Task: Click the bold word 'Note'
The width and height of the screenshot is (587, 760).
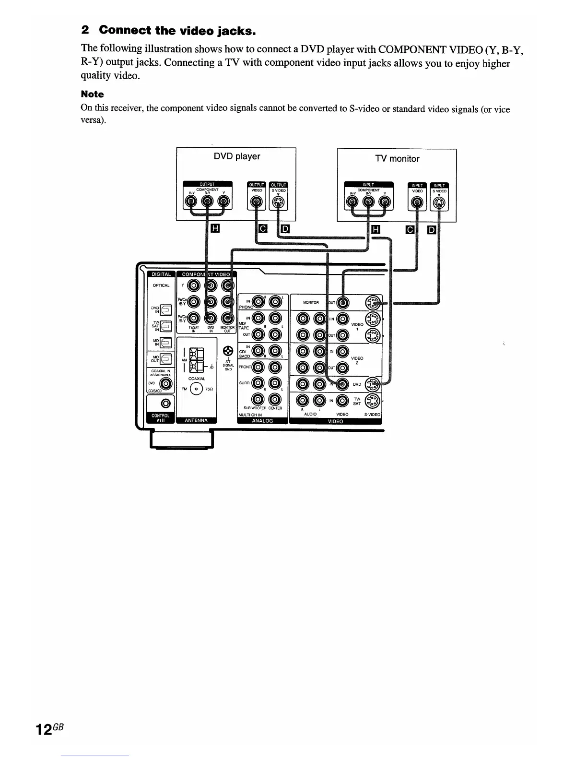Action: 92,94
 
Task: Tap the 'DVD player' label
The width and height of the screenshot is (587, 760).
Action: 236,156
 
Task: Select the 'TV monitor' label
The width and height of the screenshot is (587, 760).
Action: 397,159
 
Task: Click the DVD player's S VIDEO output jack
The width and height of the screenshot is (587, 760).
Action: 278,203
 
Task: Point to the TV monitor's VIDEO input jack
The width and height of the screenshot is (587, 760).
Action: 418,203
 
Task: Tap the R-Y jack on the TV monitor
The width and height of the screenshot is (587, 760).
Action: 352,202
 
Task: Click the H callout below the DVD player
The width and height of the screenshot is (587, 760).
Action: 214,230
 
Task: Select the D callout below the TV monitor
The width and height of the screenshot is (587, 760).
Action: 432,230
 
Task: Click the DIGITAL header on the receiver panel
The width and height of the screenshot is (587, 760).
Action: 161,274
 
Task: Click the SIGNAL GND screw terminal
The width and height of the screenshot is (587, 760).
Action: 228,351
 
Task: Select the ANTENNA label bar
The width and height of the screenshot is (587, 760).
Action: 197,420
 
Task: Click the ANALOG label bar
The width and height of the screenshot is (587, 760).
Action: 262,421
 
